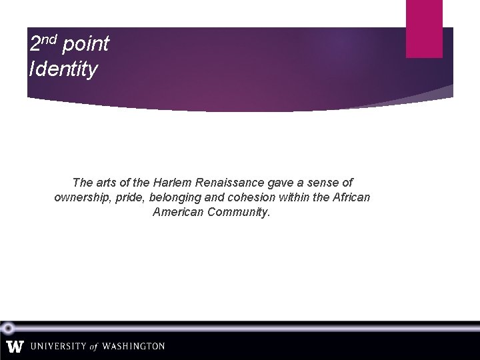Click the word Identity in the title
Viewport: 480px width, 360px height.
[x=63, y=69]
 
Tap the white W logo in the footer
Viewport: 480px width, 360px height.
[x=15, y=347]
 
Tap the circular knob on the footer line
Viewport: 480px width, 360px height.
[x=8, y=327]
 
